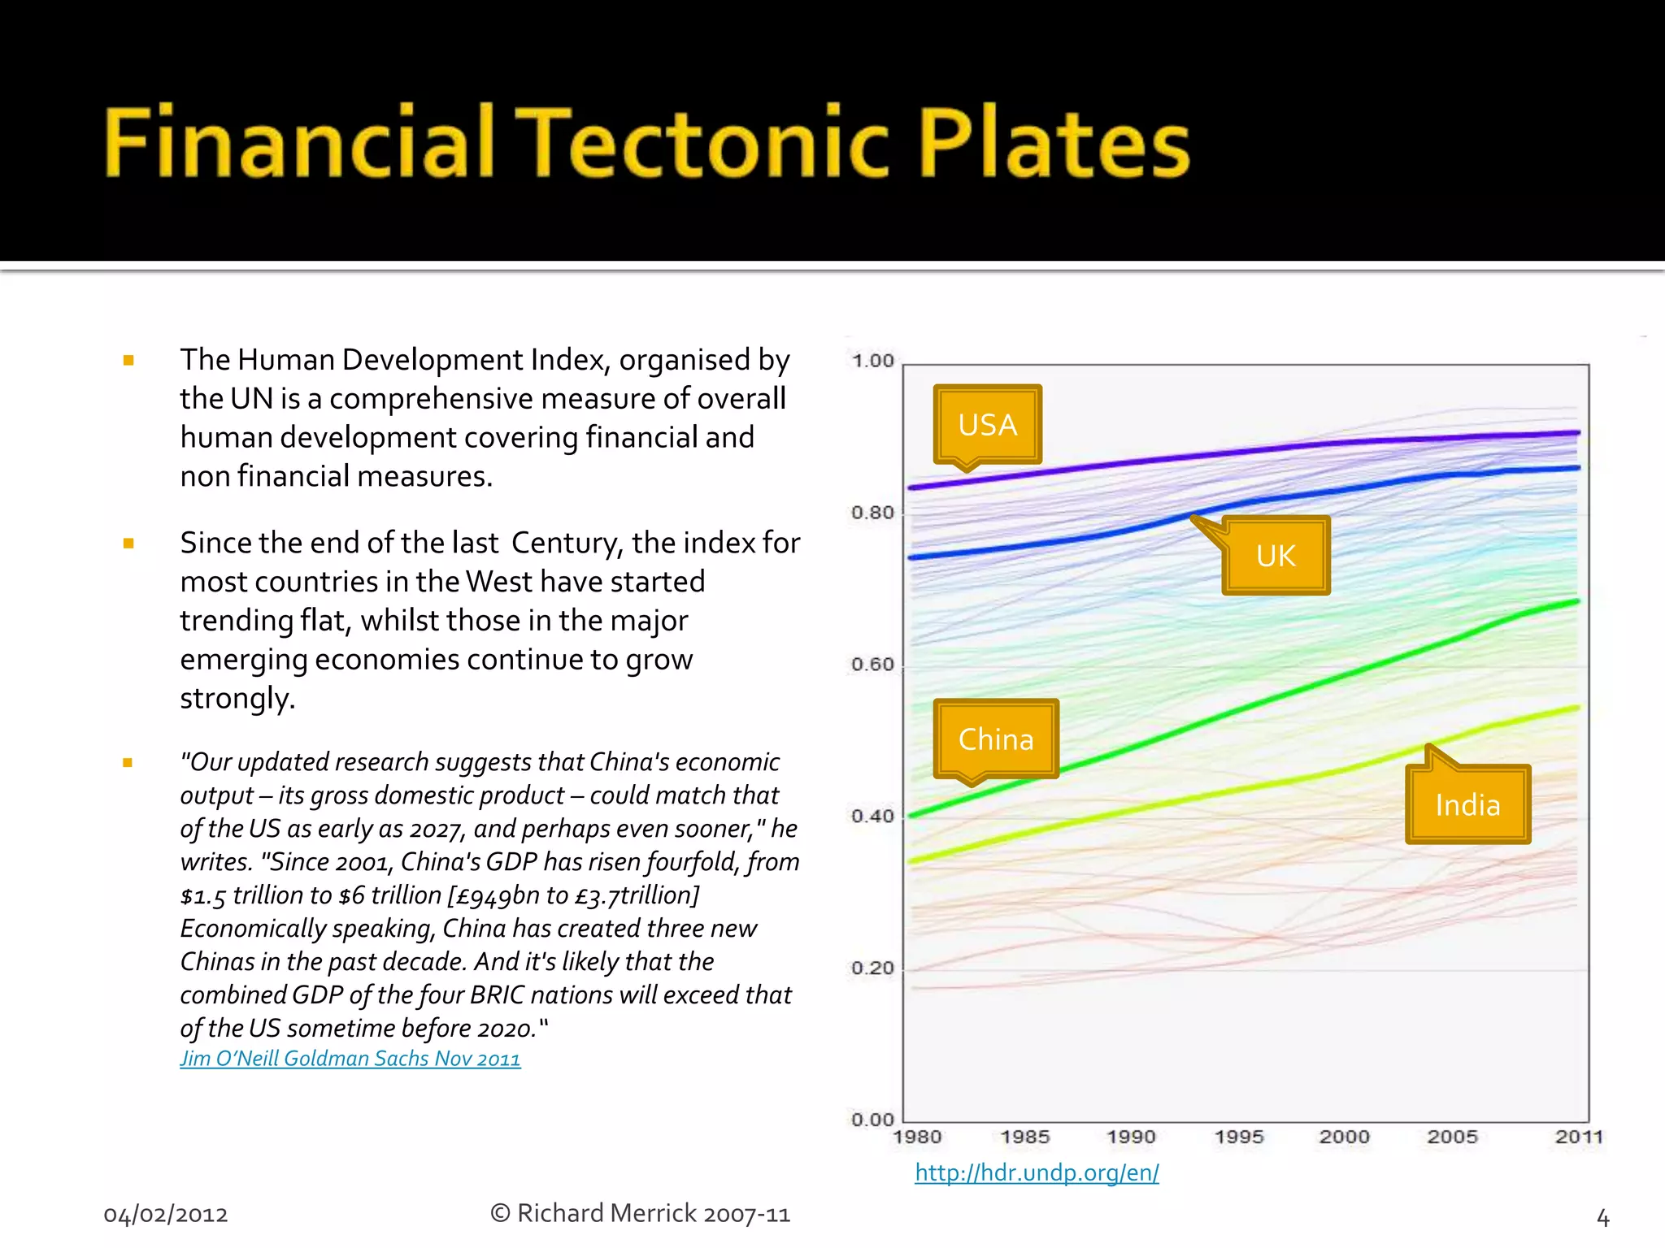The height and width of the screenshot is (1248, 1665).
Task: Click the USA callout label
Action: pos(987,425)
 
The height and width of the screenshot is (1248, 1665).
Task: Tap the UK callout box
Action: pos(1276,556)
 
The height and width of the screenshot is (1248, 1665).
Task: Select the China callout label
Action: pos(996,739)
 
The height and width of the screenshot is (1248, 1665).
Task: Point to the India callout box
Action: pos(1467,805)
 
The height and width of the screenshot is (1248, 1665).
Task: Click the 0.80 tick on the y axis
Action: pos(872,513)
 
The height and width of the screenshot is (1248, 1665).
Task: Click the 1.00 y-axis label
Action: pos(872,361)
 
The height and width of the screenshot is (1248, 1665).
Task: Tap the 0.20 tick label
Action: pos(872,968)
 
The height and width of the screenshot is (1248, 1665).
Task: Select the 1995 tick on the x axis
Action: pos(1238,1137)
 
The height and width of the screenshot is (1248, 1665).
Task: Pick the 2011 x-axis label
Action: pos(1578,1137)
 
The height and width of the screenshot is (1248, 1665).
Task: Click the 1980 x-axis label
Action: pos(917,1137)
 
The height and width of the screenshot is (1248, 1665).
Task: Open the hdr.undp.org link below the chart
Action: pos(1037,1172)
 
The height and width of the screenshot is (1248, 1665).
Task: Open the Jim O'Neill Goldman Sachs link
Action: pos(350,1059)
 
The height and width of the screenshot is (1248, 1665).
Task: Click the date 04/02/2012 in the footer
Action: pos(166,1215)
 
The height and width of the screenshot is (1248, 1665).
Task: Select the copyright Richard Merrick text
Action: pos(640,1214)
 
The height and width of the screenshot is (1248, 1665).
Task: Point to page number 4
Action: pos(1602,1217)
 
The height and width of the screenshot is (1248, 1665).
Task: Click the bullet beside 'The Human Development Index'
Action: pos(128,360)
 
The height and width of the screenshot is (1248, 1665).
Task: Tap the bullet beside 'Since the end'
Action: pos(128,543)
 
